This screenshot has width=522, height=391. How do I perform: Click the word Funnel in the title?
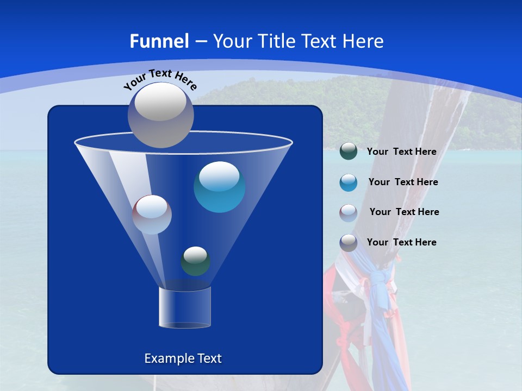[159, 41]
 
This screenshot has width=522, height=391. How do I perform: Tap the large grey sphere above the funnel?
[160, 115]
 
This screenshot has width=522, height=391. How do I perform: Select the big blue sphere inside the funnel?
[219, 187]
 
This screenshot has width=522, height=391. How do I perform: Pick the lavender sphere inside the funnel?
[152, 215]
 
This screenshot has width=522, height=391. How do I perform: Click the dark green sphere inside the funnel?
[195, 261]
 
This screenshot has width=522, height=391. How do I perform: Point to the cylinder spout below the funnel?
[184, 307]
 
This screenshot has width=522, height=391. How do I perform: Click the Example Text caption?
[183, 358]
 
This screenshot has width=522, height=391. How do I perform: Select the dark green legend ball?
[348, 152]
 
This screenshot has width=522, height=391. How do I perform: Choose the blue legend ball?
[348, 182]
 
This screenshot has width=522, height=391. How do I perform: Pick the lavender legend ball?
[348, 212]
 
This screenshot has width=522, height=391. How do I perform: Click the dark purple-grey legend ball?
[348, 243]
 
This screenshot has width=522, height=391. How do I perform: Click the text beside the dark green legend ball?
[401, 152]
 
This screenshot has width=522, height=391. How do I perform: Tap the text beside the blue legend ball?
[403, 182]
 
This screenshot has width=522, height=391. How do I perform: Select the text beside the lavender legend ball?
[404, 212]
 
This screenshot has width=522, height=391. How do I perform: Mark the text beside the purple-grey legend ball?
[401, 243]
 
